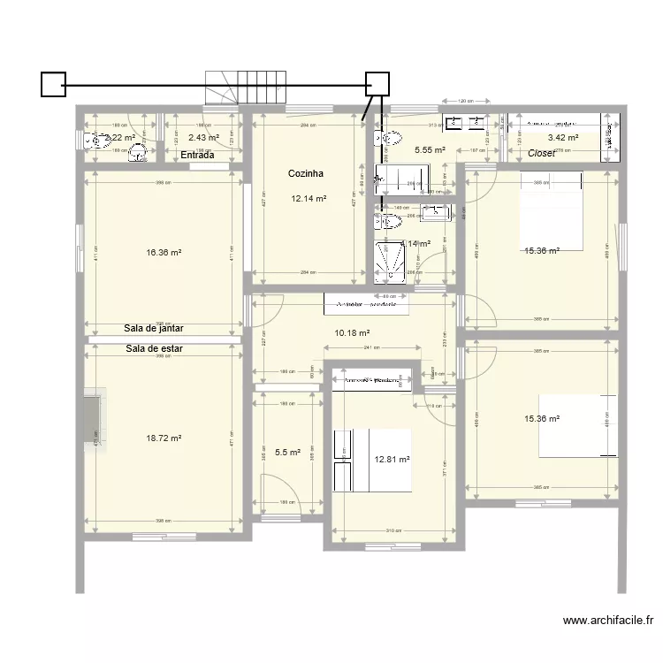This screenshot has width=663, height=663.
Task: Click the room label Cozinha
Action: tap(305, 174)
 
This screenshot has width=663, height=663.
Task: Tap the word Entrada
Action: tap(197, 155)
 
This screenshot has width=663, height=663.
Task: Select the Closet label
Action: tap(541, 154)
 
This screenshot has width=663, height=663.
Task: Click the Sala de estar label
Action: tap(154, 348)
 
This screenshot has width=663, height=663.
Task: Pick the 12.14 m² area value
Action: tap(309, 199)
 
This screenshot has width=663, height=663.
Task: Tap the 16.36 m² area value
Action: tap(164, 252)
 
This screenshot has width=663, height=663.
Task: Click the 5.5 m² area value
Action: tap(287, 453)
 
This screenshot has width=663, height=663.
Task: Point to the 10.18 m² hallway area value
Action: tap(352, 332)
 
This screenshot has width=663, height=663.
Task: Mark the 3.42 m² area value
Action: tap(562, 138)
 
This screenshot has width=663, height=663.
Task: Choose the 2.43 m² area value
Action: tap(203, 137)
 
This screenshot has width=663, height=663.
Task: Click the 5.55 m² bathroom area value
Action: tap(430, 151)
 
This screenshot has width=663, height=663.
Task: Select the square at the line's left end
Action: tap(53, 84)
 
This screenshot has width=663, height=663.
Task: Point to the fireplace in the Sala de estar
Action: tap(94, 421)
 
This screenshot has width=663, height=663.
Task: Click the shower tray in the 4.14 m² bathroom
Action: tap(389, 259)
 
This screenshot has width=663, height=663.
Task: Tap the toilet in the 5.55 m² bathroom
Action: tap(387, 138)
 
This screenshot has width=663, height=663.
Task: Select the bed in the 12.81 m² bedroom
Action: tap(371, 460)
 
